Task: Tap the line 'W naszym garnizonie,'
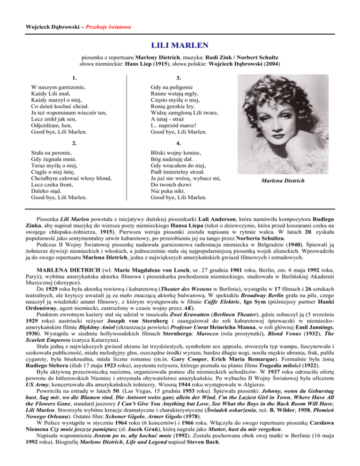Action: (58, 88)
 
